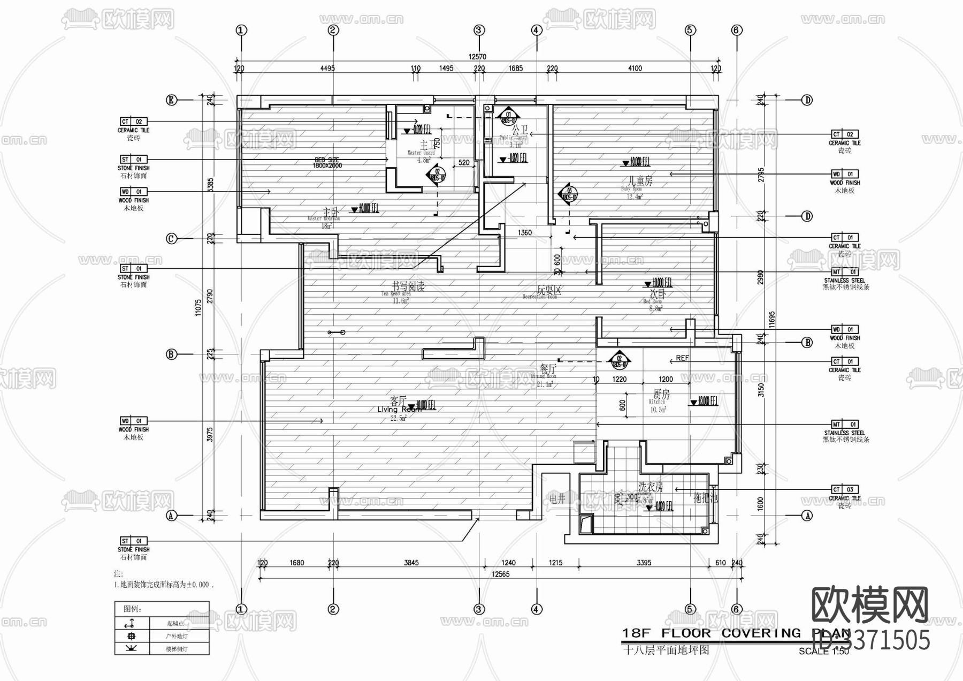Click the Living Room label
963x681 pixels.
(399, 405)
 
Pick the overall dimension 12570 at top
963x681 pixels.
(477, 56)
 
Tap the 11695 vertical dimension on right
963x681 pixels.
(771, 320)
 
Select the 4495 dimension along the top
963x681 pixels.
(327, 68)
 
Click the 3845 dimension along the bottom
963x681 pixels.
(411, 563)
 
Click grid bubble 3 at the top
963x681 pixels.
(479, 31)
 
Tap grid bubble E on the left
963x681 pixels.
(171, 100)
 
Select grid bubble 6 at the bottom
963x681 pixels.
(737, 609)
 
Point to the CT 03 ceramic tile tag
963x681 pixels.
(844, 489)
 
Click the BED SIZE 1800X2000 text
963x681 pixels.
(326, 163)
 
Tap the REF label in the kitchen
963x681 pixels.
(682, 358)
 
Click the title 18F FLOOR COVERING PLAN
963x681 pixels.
(736, 634)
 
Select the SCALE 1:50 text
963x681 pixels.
(823, 652)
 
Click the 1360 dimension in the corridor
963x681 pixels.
(524, 232)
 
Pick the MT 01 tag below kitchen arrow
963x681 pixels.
(844, 424)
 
